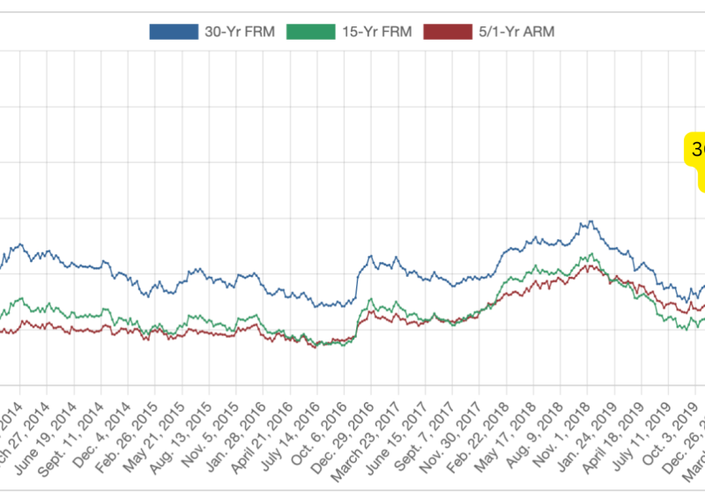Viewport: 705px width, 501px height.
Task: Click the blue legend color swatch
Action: click(x=174, y=32)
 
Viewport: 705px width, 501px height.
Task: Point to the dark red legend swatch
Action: click(x=448, y=32)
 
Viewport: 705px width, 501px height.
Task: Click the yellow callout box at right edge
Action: click(x=696, y=159)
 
